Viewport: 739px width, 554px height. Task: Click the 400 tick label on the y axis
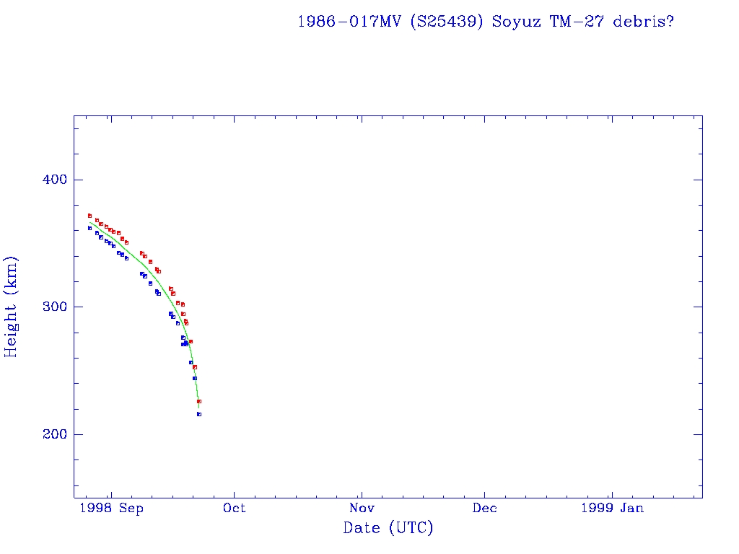point(48,180)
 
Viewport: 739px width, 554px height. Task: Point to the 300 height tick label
point(48,307)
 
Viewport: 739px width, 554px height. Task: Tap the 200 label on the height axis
point(48,434)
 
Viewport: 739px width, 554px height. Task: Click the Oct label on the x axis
point(234,509)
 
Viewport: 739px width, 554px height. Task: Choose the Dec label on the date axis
point(485,509)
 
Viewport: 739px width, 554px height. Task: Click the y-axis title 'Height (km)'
point(11,307)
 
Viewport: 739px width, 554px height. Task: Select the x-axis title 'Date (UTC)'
point(388,529)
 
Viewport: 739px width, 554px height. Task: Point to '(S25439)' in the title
point(447,22)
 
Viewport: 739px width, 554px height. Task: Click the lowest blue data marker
point(199,414)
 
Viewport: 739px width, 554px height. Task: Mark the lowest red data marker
point(199,401)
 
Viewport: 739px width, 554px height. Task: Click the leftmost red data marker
point(89,216)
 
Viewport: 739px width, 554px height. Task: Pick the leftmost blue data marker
point(89,228)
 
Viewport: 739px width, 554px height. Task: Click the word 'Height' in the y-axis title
point(11,325)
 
